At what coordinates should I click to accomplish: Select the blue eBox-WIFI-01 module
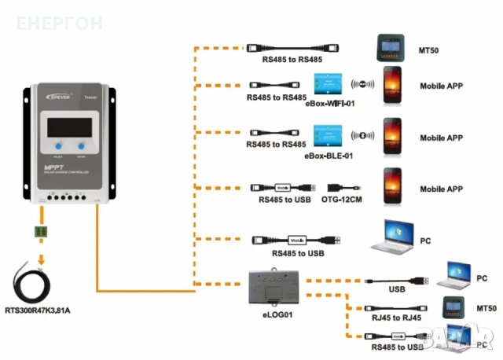tap(326, 84)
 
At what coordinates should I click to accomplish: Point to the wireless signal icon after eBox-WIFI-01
tap(362, 85)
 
